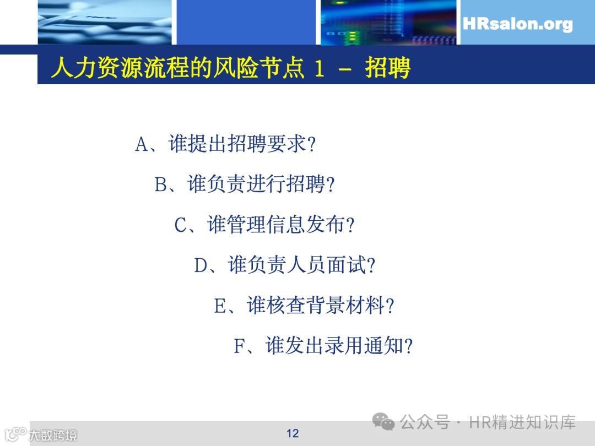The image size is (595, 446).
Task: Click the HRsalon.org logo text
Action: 517,24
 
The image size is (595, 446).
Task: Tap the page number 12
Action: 293,433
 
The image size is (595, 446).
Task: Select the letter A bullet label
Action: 142,145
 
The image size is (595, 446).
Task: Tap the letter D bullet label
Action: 201,266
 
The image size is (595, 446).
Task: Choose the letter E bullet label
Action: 220,306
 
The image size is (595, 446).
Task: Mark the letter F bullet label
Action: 239,347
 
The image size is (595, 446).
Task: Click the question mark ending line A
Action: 311,145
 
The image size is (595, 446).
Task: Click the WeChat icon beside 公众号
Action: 383,422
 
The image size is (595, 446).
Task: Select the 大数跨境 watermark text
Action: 53,435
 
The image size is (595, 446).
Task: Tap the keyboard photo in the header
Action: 105,22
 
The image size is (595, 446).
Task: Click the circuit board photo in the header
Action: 388,22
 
